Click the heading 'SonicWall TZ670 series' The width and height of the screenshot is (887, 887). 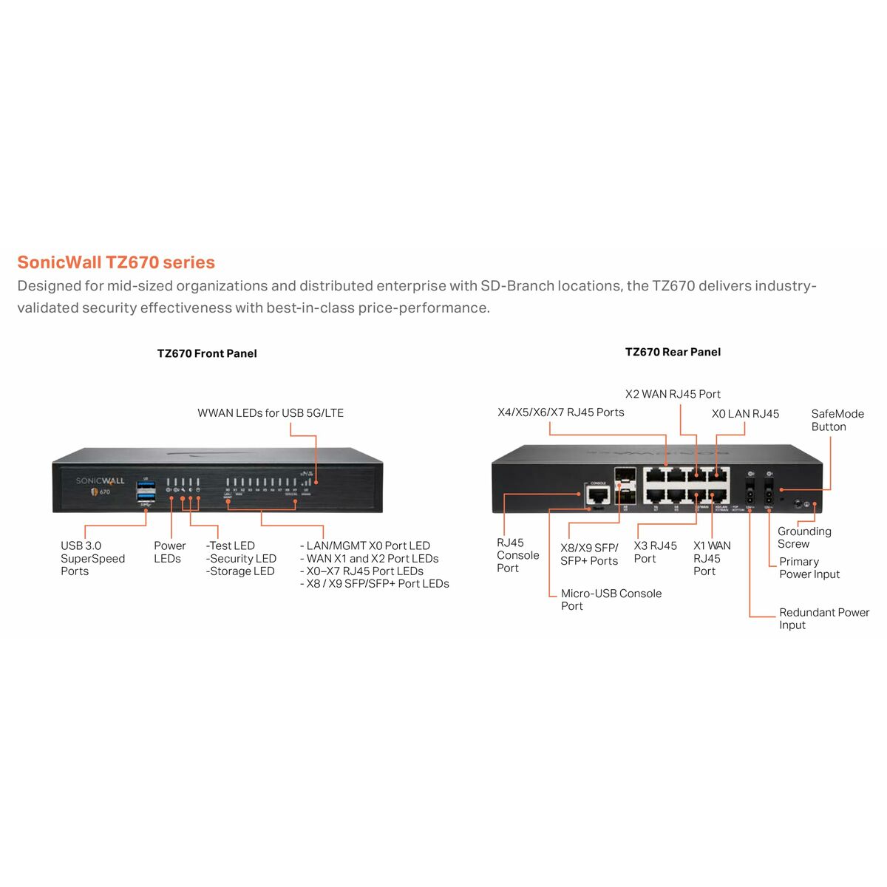point(116,262)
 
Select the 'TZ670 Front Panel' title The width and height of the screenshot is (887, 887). point(207,353)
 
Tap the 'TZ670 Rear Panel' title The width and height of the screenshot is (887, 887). point(673,352)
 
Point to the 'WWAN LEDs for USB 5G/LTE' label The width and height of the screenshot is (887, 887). point(271,413)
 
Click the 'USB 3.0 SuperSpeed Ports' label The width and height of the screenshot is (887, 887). point(92,558)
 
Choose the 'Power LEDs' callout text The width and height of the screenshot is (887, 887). point(169,552)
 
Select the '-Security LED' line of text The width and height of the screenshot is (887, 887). point(241,559)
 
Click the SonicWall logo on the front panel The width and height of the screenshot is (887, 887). point(101,481)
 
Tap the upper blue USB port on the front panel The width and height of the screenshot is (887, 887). point(146,486)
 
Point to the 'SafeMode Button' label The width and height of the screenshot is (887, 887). point(837,420)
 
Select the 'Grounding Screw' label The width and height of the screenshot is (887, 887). point(804,537)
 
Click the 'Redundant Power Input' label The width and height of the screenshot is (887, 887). point(823,619)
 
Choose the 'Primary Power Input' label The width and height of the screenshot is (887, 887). point(809,568)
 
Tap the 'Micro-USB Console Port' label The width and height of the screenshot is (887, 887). point(611,599)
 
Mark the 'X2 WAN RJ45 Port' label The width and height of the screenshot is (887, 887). point(673,394)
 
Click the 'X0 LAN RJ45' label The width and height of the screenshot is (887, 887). point(745,414)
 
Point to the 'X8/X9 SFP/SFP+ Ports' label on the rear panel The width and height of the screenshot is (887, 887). point(589,554)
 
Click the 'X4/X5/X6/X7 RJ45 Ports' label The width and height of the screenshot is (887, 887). point(561,412)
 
